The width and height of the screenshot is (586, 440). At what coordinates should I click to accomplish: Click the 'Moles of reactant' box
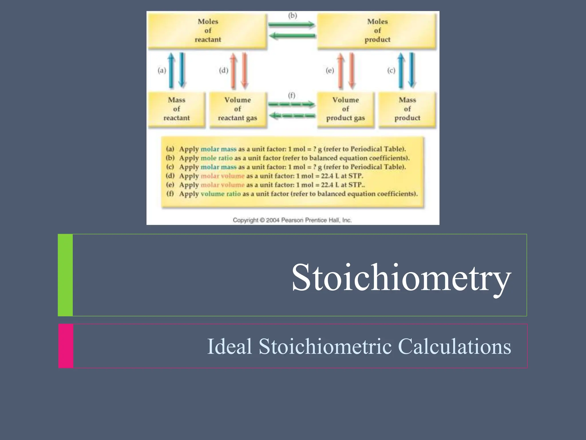(x=208, y=31)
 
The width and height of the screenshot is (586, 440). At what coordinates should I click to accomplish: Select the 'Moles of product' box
(x=377, y=31)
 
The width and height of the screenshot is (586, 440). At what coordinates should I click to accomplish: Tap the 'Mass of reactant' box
(x=177, y=109)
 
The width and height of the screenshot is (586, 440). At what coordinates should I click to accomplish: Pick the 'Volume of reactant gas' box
(x=237, y=109)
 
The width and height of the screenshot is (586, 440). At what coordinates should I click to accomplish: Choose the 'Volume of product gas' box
(x=345, y=109)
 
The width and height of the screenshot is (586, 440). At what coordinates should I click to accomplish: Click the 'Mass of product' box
(x=407, y=109)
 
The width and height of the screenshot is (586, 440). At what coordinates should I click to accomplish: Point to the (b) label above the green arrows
(x=292, y=15)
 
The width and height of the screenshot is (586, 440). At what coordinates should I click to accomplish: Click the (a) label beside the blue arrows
(x=162, y=70)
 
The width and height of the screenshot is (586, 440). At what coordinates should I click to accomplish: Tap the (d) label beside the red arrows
(x=223, y=70)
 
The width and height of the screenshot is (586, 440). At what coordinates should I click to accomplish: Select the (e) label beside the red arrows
(x=330, y=70)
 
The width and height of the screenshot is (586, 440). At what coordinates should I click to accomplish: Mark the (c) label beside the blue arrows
(x=391, y=70)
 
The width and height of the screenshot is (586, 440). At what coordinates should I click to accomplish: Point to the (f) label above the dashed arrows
(x=292, y=95)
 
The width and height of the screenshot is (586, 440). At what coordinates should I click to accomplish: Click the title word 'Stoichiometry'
(x=401, y=278)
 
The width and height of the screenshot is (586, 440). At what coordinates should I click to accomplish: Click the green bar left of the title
(x=65, y=275)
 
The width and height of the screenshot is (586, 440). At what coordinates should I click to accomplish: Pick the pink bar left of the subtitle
(x=66, y=346)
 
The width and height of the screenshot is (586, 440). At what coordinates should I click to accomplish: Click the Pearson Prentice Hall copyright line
(x=292, y=220)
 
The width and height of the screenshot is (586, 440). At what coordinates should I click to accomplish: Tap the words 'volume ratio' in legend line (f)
(x=221, y=194)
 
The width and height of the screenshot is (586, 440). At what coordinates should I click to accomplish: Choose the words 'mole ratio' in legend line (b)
(x=217, y=158)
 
